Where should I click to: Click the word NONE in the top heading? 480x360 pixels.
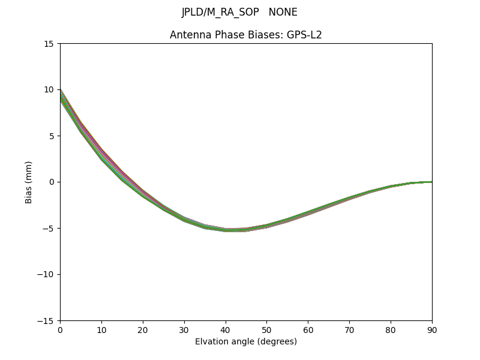pyautogui.click(x=283, y=13)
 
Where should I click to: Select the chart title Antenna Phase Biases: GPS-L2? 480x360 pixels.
pyautogui.click(x=246, y=35)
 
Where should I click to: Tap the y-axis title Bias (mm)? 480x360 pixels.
pyautogui.click(x=29, y=182)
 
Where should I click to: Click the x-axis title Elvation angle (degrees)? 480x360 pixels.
pyautogui.click(x=246, y=342)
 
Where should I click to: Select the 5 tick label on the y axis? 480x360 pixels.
pyautogui.click(x=52, y=136)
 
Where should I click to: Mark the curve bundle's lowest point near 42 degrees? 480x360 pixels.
pyautogui.click(x=234, y=230)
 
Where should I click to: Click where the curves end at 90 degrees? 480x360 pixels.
pyautogui.click(x=431, y=182)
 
